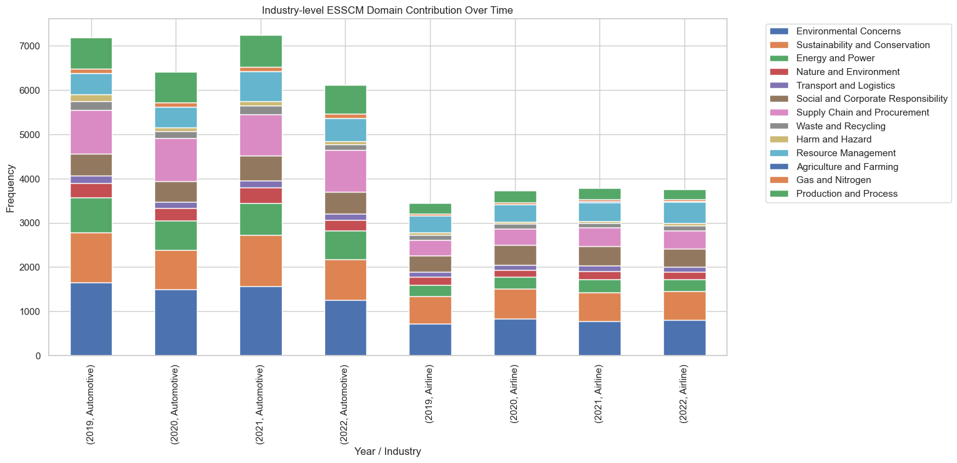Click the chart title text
[x=388, y=10]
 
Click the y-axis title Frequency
[x=11, y=187]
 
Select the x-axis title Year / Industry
[x=388, y=451]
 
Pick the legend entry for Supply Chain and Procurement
[x=861, y=112]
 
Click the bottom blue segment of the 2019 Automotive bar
[x=91, y=319]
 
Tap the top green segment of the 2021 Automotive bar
[x=261, y=51]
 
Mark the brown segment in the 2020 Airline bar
[x=515, y=255]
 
